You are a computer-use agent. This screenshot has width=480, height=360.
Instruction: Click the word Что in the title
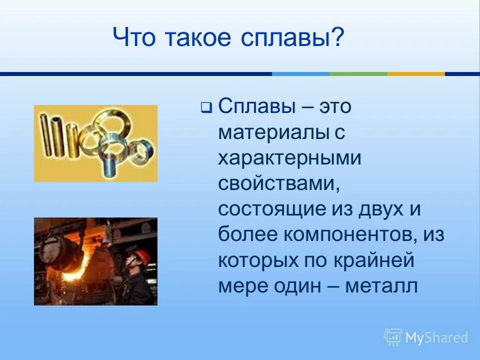(x=132, y=39)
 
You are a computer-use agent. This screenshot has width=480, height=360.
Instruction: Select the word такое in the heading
(x=194, y=39)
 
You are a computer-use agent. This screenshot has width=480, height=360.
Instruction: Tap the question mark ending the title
(x=338, y=39)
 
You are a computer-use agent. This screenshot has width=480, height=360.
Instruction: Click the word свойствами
(x=276, y=183)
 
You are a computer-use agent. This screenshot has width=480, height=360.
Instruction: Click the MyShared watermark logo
(x=426, y=337)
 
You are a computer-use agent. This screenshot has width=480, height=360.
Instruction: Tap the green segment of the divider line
(x=358, y=74)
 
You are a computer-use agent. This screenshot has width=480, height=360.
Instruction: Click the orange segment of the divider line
(x=415, y=74)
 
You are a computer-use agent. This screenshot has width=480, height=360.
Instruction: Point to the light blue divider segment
(x=300, y=74)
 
